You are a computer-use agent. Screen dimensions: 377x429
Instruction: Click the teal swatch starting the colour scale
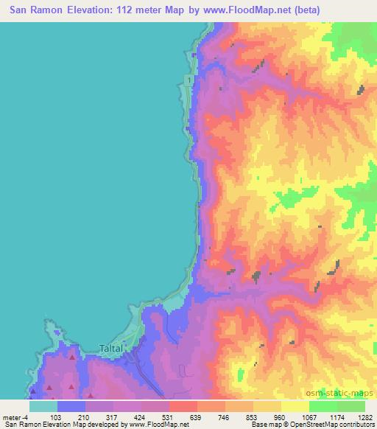tap(43, 405)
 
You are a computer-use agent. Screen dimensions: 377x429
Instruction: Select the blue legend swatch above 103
tap(71, 405)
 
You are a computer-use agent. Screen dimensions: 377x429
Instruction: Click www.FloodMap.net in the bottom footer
tap(154, 425)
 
